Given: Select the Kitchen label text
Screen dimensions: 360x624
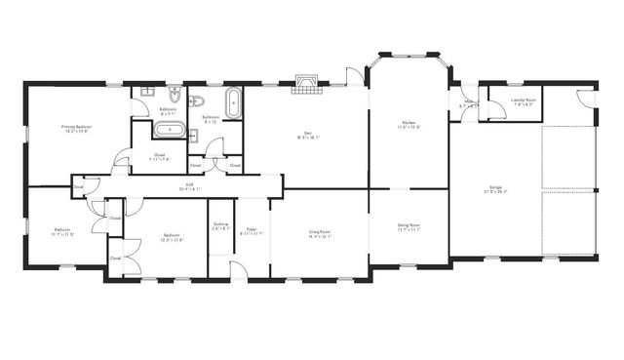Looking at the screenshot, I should click(409, 125).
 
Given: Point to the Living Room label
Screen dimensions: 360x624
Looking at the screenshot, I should click(319, 233).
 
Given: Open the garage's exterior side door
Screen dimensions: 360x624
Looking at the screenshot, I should click(585, 100).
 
